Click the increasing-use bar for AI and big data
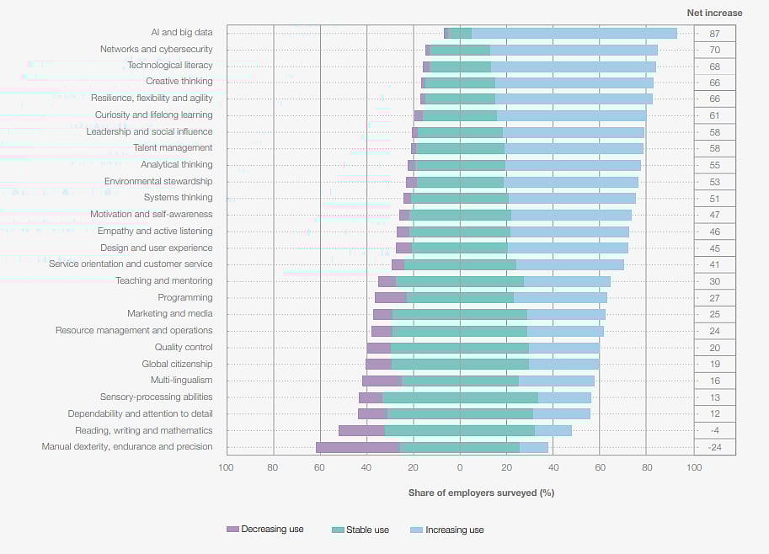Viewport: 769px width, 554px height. tap(574, 34)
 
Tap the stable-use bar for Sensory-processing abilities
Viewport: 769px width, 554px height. tap(460, 397)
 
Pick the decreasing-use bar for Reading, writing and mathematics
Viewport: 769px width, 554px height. tap(361, 430)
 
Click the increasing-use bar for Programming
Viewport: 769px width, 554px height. tap(560, 297)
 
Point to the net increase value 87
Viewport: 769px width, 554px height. tap(714, 34)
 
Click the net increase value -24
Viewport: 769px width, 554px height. tap(714, 447)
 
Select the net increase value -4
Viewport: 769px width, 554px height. tap(714, 430)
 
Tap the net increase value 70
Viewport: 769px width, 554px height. tap(714, 51)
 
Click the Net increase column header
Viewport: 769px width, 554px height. tap(714, 13)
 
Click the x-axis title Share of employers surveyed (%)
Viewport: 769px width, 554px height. tap(481, 493)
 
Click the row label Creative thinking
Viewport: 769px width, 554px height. tap(179, 82)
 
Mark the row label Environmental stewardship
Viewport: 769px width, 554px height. tap(158, 181)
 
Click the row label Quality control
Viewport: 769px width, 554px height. tap(184, 347)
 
